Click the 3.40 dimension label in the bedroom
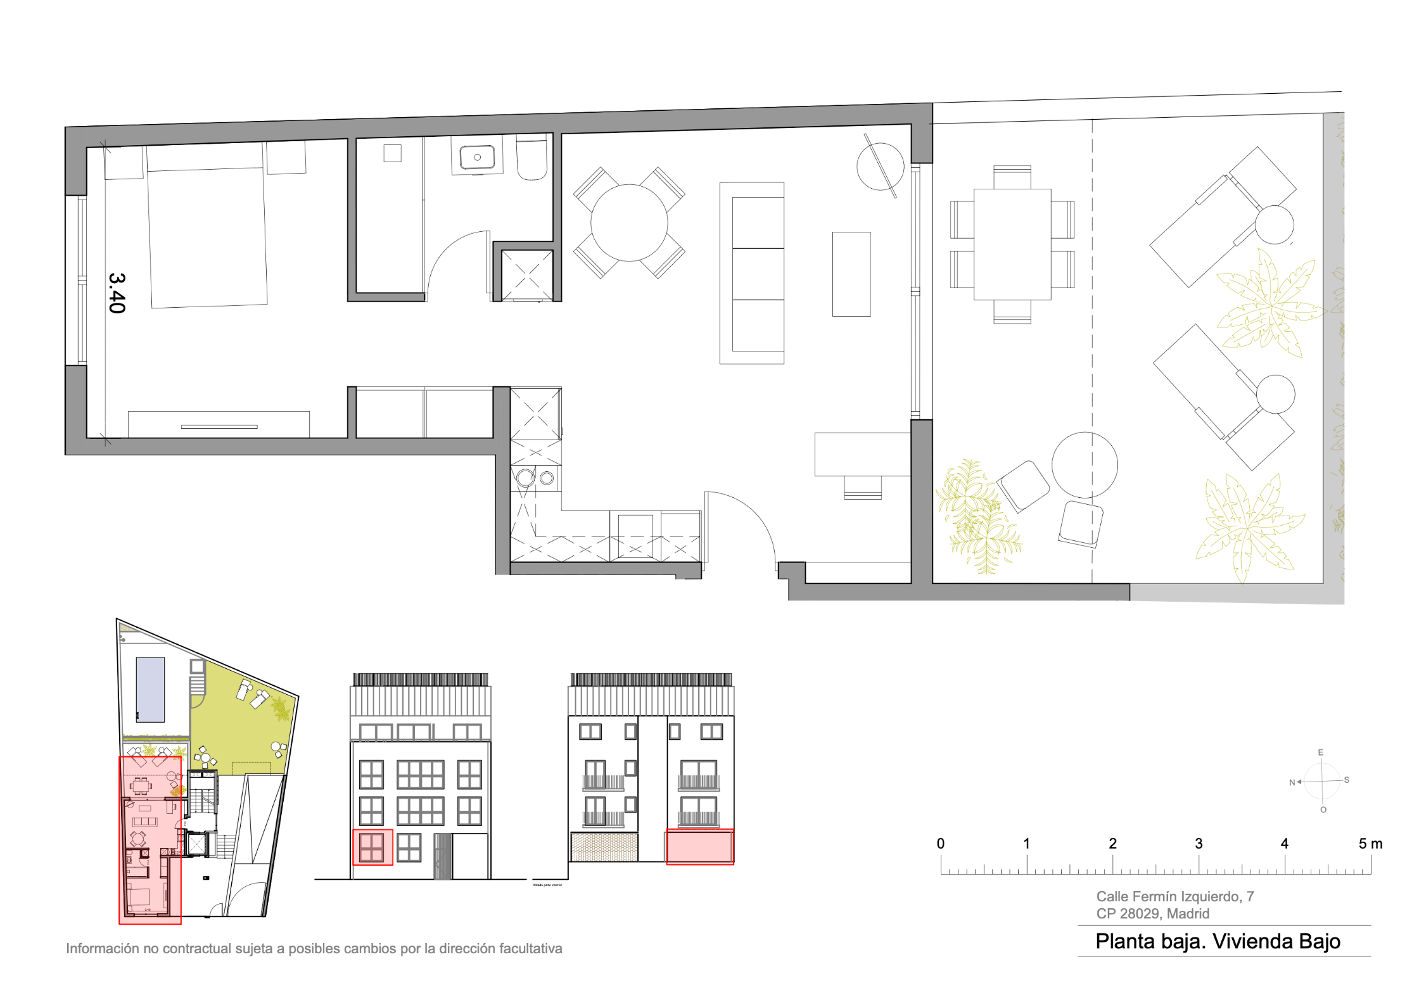pos(117,293)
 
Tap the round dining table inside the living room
pos(628,222)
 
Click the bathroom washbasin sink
pos(477,156)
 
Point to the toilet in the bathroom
pos(531,158)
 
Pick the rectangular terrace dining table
pos(1012,244)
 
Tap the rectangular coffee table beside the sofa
pos(851,274)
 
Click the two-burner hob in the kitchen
pos(535,478)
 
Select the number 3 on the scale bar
pos(1198,844)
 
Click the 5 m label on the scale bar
pos(1370,844)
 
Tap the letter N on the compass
pos(1292,782)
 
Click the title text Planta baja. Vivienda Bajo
pos(1217,941)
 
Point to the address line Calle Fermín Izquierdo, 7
pos(1174,896)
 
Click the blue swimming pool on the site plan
pos(150,689)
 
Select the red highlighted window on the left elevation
pos(372,847)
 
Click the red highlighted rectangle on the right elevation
pos(699,847)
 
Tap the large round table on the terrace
pos(1084,465)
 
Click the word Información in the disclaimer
pos(102,948)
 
